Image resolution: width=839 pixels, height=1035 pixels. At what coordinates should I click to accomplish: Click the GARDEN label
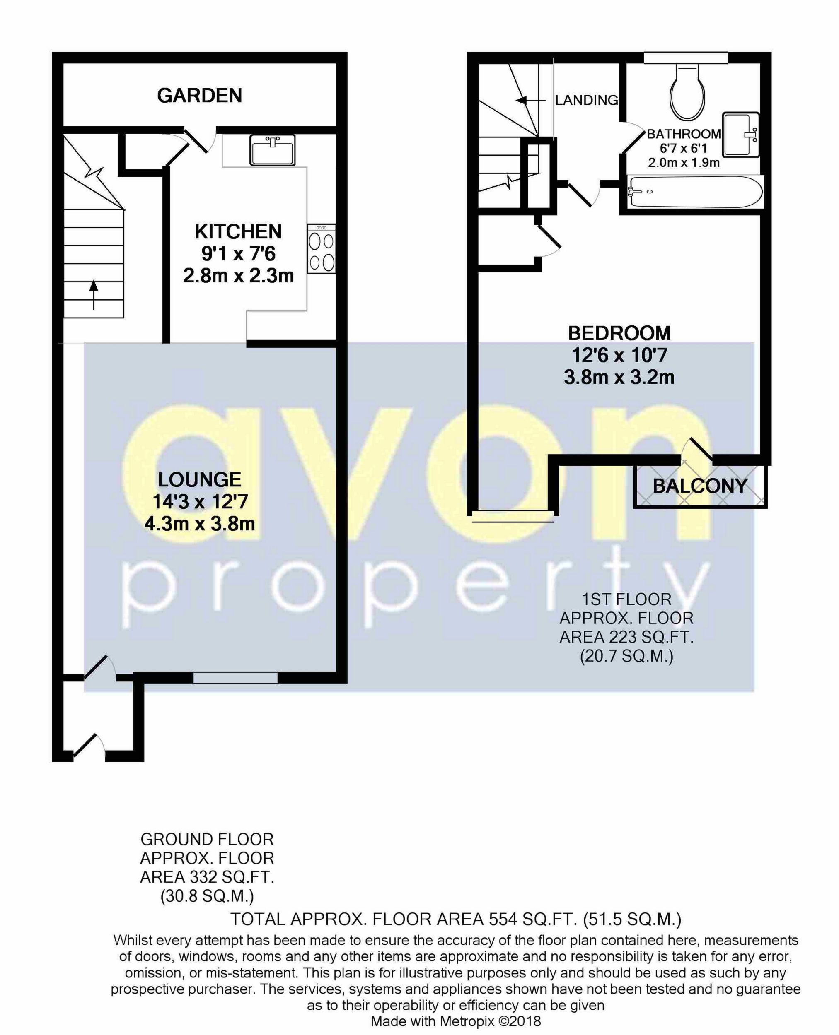(199, 96)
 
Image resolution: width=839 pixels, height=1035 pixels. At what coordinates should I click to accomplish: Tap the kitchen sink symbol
(272, 150)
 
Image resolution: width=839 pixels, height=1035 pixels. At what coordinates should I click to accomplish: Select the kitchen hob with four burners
(322, 249)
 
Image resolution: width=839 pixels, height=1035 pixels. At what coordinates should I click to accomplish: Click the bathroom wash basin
(740, 134)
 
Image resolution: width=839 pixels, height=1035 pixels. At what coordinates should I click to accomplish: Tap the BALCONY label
(700, 486)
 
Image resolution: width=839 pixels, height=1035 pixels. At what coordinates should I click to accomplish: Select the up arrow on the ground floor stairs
(94, 293)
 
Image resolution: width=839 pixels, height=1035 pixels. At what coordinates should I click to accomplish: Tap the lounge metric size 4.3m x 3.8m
(200, 524)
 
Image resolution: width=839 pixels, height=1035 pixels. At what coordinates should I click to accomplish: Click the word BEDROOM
(619, 333)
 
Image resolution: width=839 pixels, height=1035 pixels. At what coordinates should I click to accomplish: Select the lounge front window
(235, 678)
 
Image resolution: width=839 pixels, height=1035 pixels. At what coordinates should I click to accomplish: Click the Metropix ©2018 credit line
(456, 1021)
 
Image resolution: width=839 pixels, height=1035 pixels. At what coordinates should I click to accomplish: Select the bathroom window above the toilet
(685, 58)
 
